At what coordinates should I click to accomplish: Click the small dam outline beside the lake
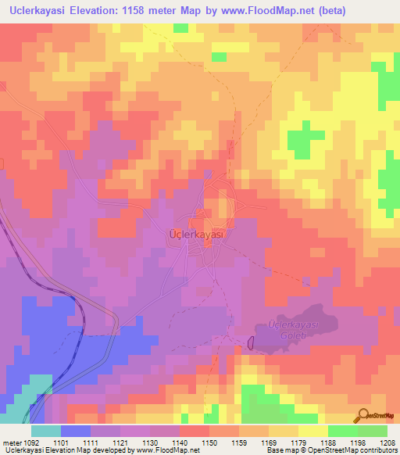click(x=252, y=342)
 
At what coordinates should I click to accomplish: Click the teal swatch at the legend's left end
click(x=46, y=431)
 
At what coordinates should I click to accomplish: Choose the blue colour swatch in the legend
click(x=76, y=431)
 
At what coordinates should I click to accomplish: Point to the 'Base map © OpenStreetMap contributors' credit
click(x=330, y=450)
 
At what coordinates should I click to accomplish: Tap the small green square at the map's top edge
click(x=181, y=28)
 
